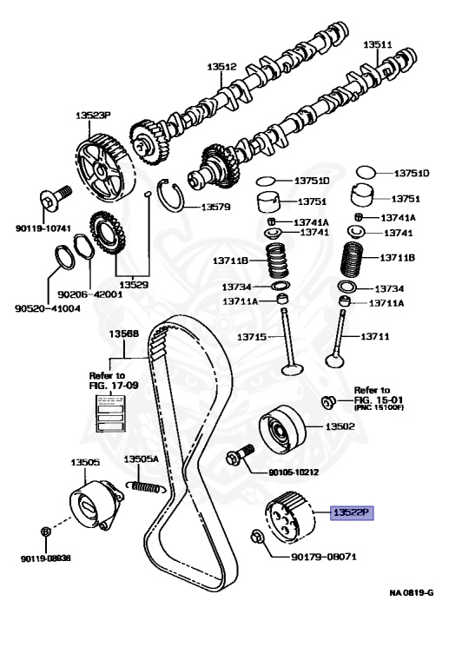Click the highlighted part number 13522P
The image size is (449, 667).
click(x=352, y=512)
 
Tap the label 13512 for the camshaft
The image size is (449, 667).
click(x=221, y=67)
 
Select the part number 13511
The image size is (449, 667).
click(x=378, y=44)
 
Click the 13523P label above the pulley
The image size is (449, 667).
click(x=93, y=115)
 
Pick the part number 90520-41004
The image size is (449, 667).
click(x=48, y=308)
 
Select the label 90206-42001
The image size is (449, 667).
click(x=90, y=294)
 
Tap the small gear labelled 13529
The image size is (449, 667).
click(x=108, y=233)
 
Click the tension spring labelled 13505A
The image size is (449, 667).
click(x=146, y=486)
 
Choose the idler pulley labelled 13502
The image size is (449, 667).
click(x=282, y=430)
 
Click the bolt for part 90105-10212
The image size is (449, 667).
click(x=240, y=455)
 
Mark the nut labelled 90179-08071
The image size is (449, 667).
click(x=257, y=537)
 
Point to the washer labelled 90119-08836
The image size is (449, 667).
click(x=46, y=532)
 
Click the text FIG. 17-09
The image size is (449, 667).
click(x=114, y=386)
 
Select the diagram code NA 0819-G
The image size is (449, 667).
click(x=412, y=592)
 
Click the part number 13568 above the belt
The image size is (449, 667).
click(x=123, y=333)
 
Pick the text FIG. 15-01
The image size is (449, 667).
click(x=379, y=400)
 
